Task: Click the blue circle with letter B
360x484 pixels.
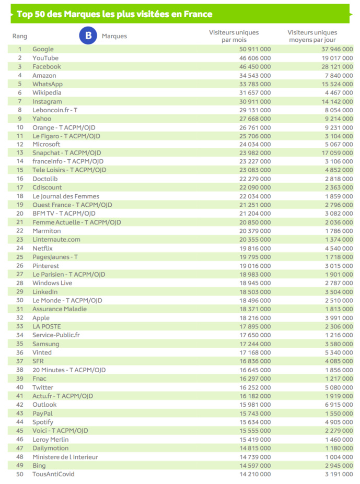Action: tap(88, 36)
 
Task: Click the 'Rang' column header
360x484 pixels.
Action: tap(20, 37)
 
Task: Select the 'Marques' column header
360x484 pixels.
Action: tap(114, 37)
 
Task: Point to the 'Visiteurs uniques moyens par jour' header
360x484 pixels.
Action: tap(312, 36)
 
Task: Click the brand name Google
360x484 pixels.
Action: tap(43, 49)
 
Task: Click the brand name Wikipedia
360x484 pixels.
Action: tap(47, 92)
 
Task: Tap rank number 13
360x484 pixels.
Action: tap(20, 153)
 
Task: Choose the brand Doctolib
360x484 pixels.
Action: tap(45, 179)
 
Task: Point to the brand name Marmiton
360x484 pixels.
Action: tap(47, 231)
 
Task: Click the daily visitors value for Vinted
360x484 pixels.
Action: tap(333, 352)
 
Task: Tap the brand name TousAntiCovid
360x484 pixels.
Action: tap(53, 474)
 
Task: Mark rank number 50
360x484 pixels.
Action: tap(20, 474)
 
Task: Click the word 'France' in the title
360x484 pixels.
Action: tap(198, 14)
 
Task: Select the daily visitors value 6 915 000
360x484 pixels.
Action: tap(333, 405)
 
